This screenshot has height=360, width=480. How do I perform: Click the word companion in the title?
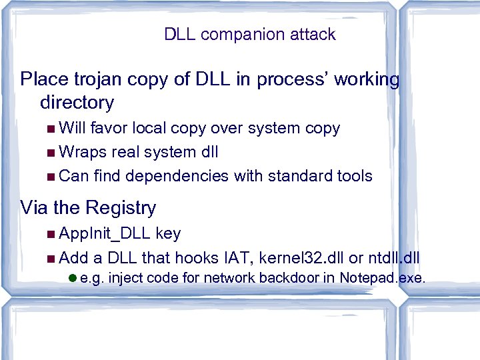pyautogui.click(x=235, y=35)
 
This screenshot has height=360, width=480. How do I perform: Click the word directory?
pyautogui.click(x=77, y=103)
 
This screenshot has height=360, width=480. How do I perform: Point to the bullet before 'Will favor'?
pyautogui.click(x=52, y=128)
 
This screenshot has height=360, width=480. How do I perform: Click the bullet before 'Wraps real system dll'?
pyautogui.click(x=52, y=152)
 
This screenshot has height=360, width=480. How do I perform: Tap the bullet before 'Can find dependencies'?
pyautogui.click(x=52, y=176)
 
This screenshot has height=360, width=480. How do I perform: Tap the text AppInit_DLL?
pyautogui.click(x=105, y=234)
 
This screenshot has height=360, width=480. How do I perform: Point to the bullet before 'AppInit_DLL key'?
pyautogui.click(x=52, y=234)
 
